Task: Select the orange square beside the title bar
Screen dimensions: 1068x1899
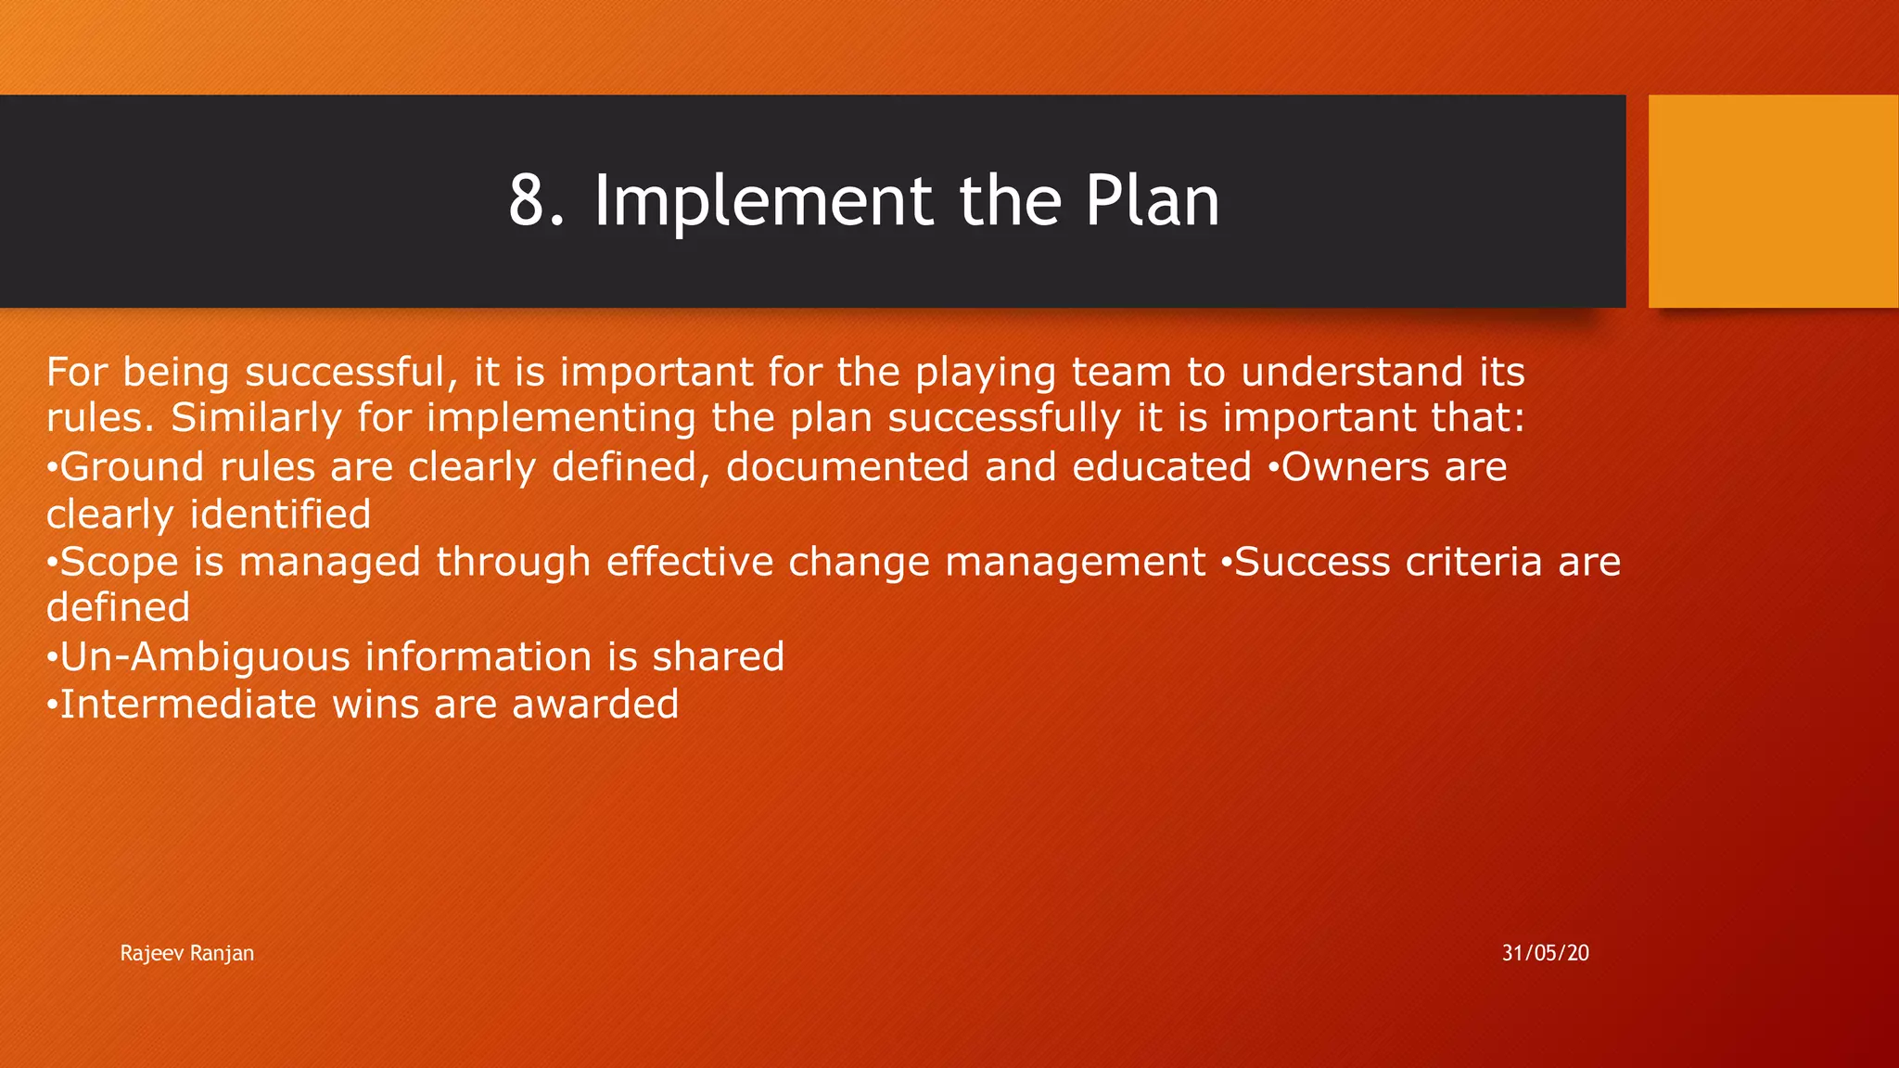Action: point(1772,201)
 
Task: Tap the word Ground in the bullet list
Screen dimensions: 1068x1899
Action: point(132,466)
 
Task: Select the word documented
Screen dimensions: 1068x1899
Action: point(848,466)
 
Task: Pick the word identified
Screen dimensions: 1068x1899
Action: point(280,515)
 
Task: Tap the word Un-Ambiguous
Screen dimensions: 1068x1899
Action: point(205,657)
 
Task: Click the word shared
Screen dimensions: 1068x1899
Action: point(718,657)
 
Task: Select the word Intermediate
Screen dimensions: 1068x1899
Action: point(188,705)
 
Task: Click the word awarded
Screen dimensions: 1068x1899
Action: point(594,705)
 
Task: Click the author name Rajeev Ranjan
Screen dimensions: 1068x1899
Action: point(186,953)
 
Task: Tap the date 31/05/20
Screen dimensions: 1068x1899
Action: point(1545,953)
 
